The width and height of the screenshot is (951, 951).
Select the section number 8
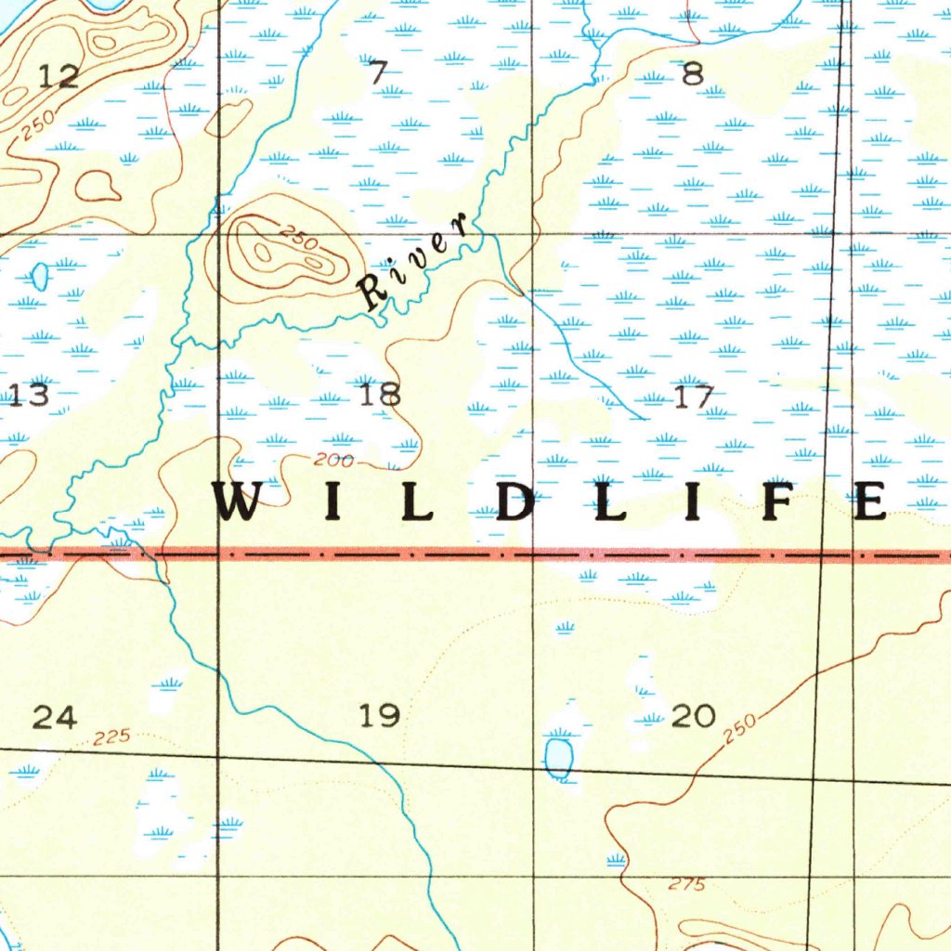coord(693,73)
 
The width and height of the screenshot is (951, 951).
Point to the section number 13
coord(30,396)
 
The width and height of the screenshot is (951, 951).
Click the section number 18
coord(380,395)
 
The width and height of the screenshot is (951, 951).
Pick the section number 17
coord(694,397)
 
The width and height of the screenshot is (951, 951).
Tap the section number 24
coord(55,716)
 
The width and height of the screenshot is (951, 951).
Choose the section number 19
coord(380,715)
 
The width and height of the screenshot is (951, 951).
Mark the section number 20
coord(693,716)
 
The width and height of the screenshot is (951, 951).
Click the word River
coord(413,262)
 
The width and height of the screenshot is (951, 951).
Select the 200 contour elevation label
coord(333,460)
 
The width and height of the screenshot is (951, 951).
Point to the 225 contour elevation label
coord(112,737)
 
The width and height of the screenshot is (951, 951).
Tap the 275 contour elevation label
coord(687,885)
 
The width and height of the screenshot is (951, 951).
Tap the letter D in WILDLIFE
coord(515,502)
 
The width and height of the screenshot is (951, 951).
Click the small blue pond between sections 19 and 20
coord(559,757)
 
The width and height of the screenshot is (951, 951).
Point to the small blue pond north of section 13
coord(40,276)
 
